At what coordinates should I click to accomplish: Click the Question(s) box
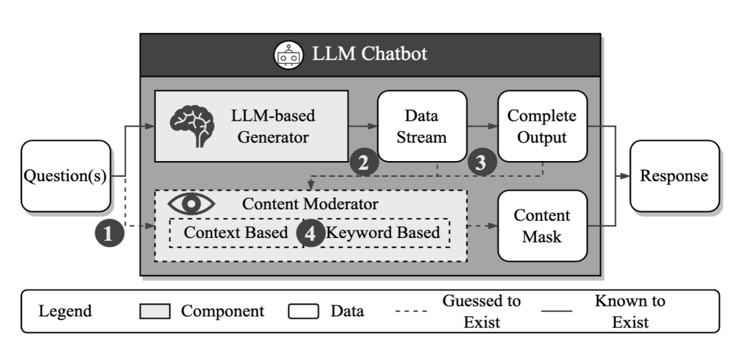pos(66,176)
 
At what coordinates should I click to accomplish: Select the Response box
pos(674,176)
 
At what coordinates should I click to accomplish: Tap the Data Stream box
pos(422,126)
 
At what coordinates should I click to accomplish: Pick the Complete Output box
pos(542,126)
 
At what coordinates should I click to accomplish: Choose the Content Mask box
pos(542,226)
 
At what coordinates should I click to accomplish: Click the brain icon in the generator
pos(192,125)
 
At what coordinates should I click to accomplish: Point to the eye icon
pos(191,204)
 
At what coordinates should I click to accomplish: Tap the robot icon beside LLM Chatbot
pos(288,56)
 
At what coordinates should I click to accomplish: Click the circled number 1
pos(110,233)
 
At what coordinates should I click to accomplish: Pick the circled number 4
pos(311,233)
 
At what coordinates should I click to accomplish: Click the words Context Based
pos(236,232)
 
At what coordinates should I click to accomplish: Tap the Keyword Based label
pos(383,232)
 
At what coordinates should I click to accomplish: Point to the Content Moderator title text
pos(310,204)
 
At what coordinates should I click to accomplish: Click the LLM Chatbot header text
pos(370,53)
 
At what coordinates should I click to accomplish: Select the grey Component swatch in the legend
pos(155,311)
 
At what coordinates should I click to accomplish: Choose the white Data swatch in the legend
pos(303,311)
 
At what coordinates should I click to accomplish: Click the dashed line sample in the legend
pos(411,311)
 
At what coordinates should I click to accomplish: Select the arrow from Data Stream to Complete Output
pos(482,126)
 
